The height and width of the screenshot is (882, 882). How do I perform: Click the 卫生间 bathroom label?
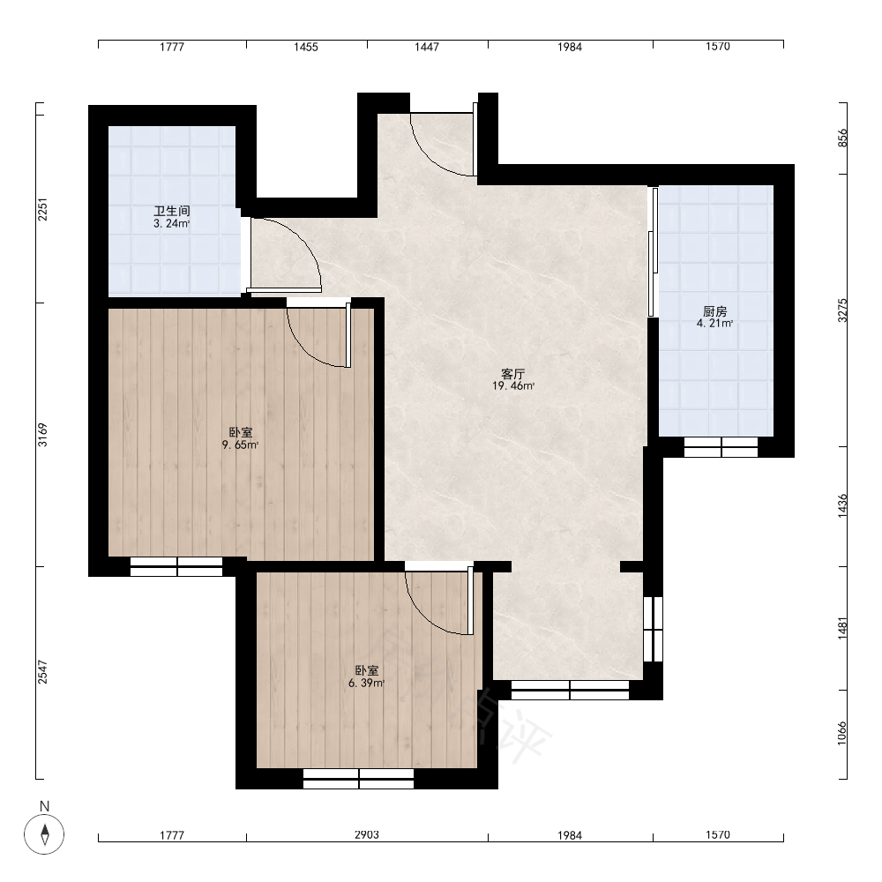pos(172,211)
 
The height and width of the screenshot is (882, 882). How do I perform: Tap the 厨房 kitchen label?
pos(715,311)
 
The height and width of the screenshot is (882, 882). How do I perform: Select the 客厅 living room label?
pos(513,373)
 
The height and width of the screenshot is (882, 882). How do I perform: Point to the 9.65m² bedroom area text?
pos(240,445)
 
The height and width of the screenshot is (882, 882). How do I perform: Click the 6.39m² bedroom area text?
pos(366,684)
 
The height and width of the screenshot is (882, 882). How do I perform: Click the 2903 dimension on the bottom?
pos(367,834)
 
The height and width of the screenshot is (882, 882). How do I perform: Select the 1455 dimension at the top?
pos(306,47)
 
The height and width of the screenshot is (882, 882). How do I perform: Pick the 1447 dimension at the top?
pos(427,47)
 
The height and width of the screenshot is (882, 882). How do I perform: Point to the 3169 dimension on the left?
pos(42,435)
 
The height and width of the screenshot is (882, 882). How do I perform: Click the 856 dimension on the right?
pos(842,138)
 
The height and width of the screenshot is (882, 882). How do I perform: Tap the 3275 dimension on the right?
pos(842,310)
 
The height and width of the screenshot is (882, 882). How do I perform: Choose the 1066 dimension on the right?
pos(842,733)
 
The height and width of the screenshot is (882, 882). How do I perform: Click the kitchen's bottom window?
pos(721,447)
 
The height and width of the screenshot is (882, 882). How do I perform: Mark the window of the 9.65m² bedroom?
pos(176,566)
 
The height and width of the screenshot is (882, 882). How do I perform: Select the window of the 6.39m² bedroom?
pos(358,779)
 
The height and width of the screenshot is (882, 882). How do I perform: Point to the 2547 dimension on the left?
pos(42,672)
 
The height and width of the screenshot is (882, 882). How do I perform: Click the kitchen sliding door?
pos(653,252)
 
